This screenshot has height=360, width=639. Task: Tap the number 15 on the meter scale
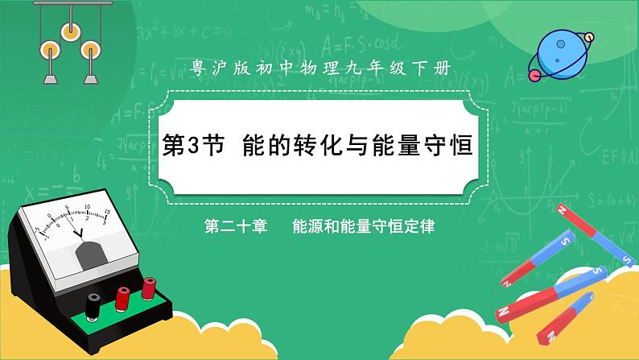click(107, 213)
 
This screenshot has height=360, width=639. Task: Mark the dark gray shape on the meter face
click(88, 255)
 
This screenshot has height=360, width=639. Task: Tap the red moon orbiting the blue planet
click(533, 74)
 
